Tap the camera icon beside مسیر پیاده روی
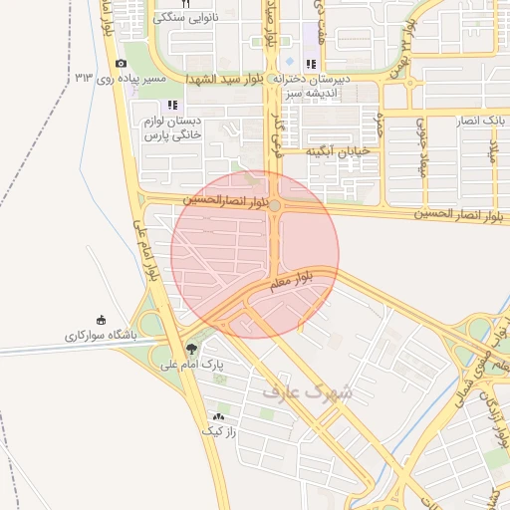pos(121,64)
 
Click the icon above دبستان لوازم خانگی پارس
pos(172,105)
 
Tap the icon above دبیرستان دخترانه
pos(311,65)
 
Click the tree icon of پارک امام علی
pos(191,350)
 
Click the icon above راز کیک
pos(218,415)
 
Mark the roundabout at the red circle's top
pos(274,204)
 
